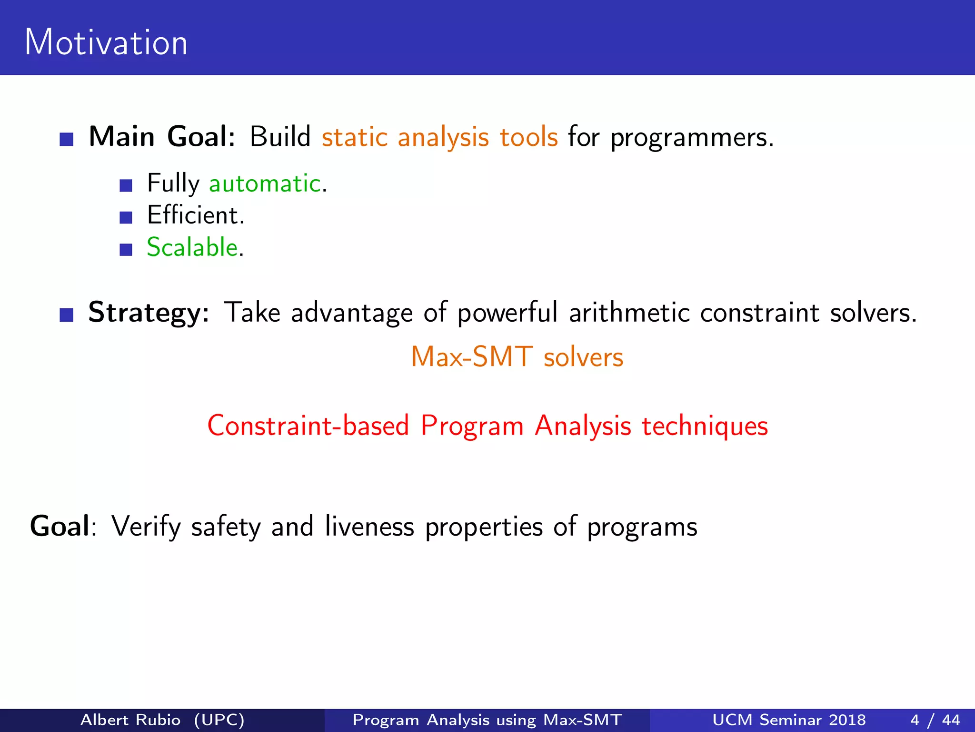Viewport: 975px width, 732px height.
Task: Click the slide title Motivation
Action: click(106, 42)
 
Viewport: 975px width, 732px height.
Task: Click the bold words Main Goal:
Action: click(162, 137)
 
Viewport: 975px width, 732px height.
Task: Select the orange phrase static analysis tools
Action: click(439, 138)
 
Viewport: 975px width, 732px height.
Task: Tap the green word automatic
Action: click(265, 183)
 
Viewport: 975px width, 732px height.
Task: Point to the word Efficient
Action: click(195, 215)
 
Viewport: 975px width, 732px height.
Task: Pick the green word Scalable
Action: click(192, 247)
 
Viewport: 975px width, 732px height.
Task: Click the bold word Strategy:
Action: click(149, 313)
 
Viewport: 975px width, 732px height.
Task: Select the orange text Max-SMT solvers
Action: click(517, 357)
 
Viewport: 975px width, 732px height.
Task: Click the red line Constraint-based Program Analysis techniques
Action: click(487, 426)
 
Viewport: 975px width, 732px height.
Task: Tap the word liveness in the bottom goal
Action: click(369, 527)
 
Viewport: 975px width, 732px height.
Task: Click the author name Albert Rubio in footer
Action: click(130, 720)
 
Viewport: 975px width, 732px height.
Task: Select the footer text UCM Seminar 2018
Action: click(789, 720)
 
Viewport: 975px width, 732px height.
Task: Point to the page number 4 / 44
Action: click(935, 720)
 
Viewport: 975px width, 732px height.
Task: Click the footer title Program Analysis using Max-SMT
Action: click(487, 720)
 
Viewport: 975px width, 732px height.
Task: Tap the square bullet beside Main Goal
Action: click(67, 139)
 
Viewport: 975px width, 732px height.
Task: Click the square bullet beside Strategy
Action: click(67, 315)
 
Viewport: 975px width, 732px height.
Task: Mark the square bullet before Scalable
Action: click(126, 250)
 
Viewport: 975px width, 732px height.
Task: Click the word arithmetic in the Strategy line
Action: click(628, 313)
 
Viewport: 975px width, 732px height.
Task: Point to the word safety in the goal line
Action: click(226, 527)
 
